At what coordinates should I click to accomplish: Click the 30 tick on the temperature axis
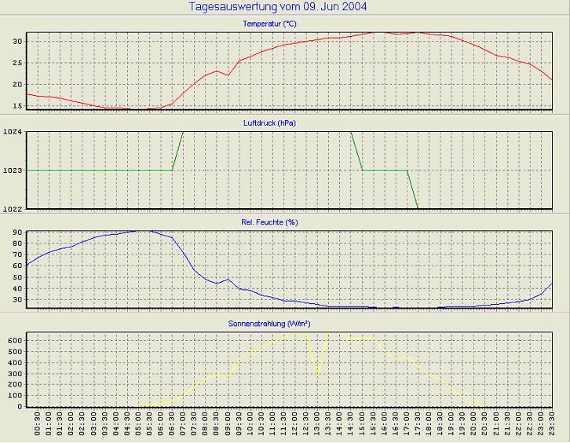[x=17, y=41]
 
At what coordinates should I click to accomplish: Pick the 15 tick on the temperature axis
[x=17, y=106]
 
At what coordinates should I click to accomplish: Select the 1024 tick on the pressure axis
[x=13, y=132]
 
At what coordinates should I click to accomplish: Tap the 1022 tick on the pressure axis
[x=13, y=209]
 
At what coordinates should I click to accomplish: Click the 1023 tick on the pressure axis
[x=13, y=170]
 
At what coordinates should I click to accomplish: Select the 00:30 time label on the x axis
[x=38, y=425]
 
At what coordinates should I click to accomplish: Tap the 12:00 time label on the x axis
[x=295, y=425]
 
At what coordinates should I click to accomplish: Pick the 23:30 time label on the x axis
[x=553, y=425]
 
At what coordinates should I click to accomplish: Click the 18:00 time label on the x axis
[x=429, y=425]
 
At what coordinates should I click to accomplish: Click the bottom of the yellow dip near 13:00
[x=317, y=374]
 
